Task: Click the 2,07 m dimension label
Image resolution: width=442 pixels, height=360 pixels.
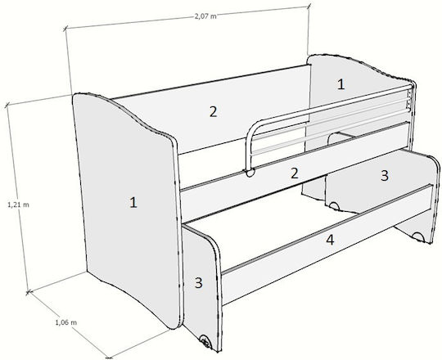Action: coord(205,16)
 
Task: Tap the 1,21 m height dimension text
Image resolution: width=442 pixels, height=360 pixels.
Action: coord(18,205)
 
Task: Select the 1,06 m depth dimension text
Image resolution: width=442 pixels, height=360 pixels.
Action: coord(66,322)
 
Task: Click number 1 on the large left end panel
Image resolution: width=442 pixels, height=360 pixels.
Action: coord(133,203)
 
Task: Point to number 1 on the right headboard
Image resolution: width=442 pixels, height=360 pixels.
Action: coord(341,84)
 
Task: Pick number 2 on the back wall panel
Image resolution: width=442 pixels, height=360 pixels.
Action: coord(213,112)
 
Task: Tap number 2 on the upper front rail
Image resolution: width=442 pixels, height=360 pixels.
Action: coord(295,173)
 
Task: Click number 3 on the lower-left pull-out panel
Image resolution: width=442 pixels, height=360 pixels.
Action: coord(198,283)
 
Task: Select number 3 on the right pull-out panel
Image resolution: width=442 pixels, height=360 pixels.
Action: coord(385,175)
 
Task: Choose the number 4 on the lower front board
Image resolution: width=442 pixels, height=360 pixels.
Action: coord(330,240)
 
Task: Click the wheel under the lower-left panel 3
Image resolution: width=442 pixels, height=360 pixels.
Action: coord(205,341)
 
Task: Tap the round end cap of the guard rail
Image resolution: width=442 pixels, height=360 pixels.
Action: coord(250,173)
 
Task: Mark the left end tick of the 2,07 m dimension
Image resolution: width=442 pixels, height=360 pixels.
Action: coord(65,28)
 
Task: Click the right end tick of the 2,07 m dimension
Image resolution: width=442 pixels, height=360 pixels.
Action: coord(309,5)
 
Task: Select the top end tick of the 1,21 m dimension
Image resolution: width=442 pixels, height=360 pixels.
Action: coord(7,106)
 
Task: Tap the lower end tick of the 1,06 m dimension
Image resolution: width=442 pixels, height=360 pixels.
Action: coord(108,358)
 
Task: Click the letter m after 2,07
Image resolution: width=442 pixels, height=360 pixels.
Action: coord(214,16)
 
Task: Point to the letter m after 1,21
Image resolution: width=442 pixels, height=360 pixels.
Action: coord(26,205)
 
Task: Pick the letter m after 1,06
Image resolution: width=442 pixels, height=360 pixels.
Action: coord(74,323)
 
